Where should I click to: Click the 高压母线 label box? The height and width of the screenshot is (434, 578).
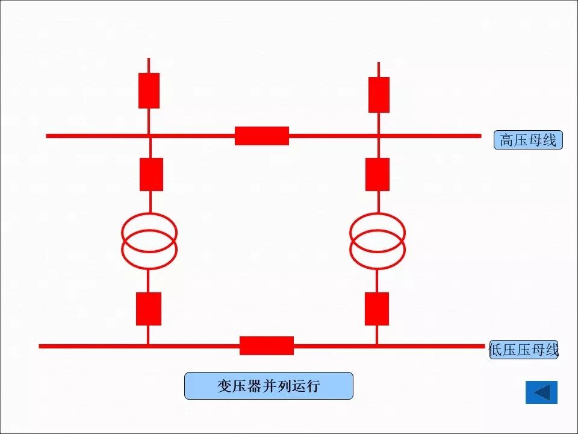(528, 140)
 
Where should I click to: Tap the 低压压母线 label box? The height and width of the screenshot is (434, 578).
(524, 349)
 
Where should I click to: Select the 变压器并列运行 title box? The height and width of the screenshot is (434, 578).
(269, 386)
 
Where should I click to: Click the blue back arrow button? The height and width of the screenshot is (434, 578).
(541, 392)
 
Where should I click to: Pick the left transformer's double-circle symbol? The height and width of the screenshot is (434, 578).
(149, 241)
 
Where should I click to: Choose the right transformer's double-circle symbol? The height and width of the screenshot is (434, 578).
(378, 241)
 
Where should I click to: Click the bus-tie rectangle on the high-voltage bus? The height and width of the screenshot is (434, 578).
(261, 136)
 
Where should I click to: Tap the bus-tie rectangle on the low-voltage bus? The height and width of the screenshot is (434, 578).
(267, 345)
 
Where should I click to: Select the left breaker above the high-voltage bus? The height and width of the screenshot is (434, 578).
(149, 90)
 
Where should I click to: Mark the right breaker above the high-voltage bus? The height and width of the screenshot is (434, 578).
(379, 95)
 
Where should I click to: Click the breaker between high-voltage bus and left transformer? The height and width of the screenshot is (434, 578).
(151, 174)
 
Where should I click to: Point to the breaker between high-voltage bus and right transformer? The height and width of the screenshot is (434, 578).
(378, 174)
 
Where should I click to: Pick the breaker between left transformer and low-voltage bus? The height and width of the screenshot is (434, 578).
(148, 309)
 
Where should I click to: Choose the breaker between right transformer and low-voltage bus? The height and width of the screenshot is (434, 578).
(377, 309)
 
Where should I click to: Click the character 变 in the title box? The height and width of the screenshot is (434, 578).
(225, 386)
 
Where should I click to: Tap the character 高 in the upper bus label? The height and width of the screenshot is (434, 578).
(506, 140)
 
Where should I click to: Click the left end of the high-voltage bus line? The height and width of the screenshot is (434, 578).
(48, 136)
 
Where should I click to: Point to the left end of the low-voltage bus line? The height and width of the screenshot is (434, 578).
(40, 346)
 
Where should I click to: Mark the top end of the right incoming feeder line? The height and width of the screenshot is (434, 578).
(379, 63)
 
